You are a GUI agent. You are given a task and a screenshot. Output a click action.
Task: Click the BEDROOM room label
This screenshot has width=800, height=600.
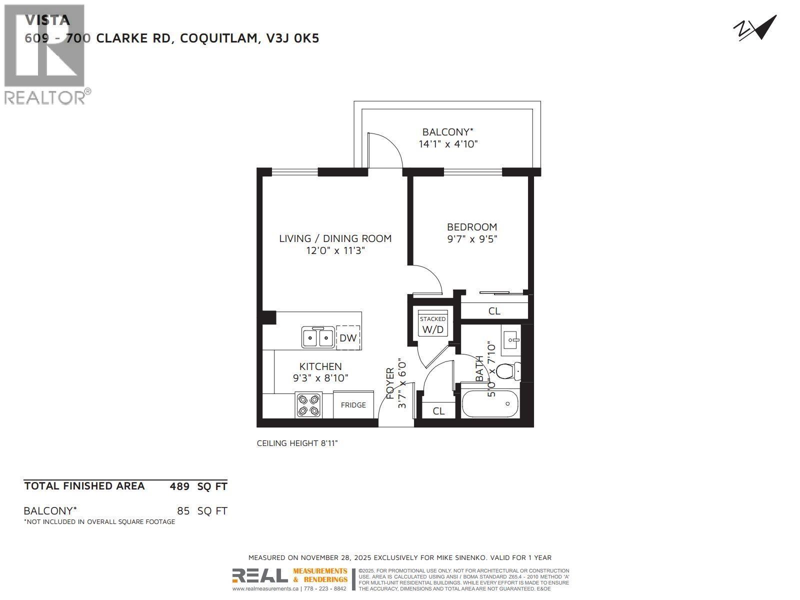(472, 227)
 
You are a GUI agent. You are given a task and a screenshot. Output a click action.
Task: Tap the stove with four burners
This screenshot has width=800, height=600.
(308, 405)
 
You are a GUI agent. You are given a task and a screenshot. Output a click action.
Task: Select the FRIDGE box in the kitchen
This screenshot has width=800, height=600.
(353, 405)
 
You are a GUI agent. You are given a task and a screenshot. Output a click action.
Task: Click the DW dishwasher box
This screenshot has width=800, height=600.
(348, 338)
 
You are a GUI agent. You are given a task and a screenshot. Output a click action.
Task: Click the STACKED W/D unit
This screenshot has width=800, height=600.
(433, 324)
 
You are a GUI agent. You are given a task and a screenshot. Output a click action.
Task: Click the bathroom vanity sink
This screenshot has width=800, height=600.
(511, 340)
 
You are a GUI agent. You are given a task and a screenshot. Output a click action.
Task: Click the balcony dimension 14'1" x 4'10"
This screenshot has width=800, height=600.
(448, 144)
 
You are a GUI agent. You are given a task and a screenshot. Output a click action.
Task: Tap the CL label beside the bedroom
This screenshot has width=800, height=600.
(494, 311)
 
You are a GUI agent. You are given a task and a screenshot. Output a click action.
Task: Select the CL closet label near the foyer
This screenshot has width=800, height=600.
(438, 411)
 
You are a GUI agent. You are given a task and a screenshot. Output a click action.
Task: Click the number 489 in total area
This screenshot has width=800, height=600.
(179, 486)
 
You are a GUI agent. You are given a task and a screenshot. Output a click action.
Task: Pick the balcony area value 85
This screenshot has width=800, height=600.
(183, 511)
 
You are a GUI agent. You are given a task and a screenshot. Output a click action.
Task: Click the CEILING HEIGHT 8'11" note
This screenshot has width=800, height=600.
(297, 443)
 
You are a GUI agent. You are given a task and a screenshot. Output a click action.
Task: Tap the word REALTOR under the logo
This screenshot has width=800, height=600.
(45, 97)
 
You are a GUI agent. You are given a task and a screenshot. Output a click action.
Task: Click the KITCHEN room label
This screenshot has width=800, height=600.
(320, 366)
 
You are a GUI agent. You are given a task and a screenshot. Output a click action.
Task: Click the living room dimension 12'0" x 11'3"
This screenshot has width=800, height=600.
(335, 250)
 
